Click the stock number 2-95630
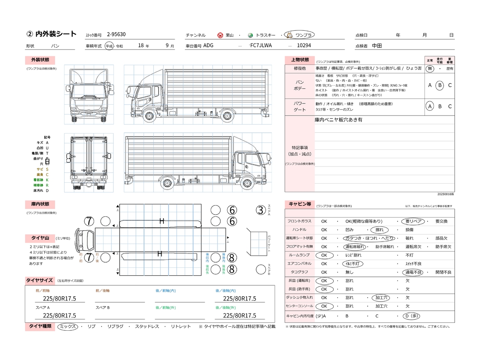[116, 34]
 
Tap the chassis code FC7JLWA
[261, 45]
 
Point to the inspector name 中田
[377, 46]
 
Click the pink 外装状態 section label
[40, 60]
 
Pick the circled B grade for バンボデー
[440, 85]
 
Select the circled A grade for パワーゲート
[430, 106]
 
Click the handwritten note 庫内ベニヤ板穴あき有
[338, 120]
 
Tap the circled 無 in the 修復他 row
[430, 69]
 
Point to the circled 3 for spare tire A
[261, 210]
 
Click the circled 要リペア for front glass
[413, 221]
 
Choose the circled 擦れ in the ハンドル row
[379, 230]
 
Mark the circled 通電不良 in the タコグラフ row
[413, 272]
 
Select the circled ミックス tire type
[68, 327]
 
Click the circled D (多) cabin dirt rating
[411, 316]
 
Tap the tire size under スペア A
[59, 316]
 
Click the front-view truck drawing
[89, 94]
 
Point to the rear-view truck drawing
[89, 163]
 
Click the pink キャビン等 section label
[300, 204]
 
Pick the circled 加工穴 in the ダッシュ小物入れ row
[381, 298]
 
